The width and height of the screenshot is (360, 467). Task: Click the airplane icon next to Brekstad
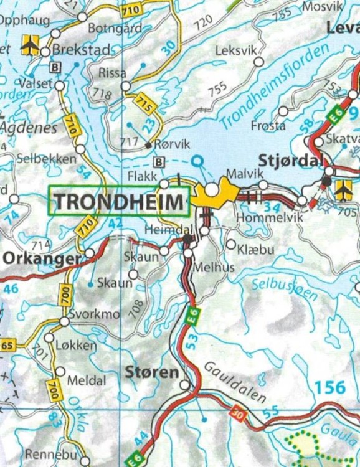click(29, 44)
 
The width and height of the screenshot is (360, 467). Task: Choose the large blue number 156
click(329, 387)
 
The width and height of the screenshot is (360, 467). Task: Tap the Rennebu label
click(47, 454)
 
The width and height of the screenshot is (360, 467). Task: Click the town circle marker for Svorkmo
click(64, 321)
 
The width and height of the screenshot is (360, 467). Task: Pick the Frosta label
click(268, 125)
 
